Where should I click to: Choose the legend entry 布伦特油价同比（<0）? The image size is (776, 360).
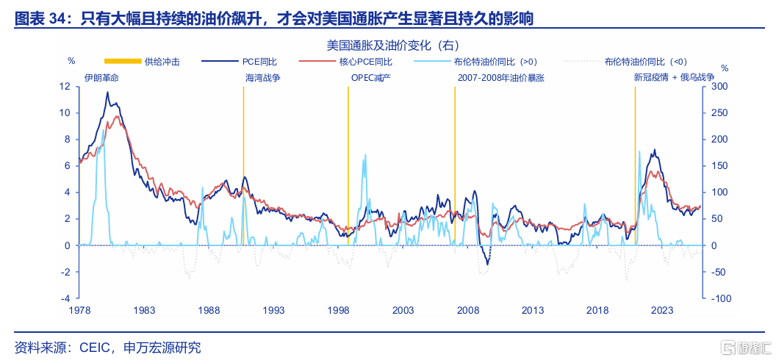click(646, 62)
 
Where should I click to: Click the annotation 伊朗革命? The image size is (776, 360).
click(100, 76)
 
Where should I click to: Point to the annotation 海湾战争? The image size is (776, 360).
click(262, 76)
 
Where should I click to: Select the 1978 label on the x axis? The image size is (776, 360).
click(79, 311)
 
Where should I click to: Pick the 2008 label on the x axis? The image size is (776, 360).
click(468, 311)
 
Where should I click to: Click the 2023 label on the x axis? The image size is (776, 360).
click(662, 311)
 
